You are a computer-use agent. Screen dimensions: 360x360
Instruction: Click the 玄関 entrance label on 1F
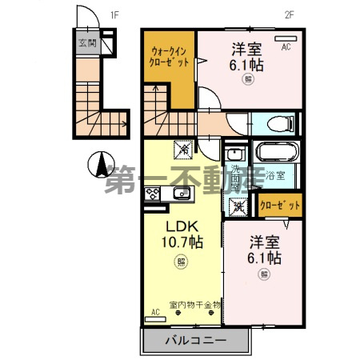pyautogui.click(x=87, y=43)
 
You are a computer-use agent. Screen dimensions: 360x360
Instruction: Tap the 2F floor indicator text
pyautogui.click(x=288, y=14)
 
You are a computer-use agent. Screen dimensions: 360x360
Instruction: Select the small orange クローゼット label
pyautogui.click(x=281, y=206)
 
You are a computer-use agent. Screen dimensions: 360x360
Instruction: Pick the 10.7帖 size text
pyautogui.click(x=182, y=242)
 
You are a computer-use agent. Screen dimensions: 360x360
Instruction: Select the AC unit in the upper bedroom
pyautogui.click(x=286, y=38)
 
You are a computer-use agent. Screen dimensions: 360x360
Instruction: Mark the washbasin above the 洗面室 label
pyautogui.click(x=235, y=154)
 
